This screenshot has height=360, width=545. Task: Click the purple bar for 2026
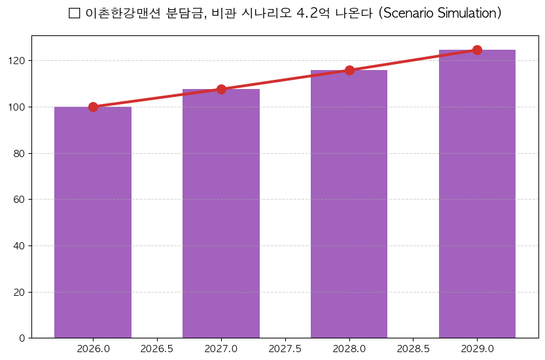pyautogui.click(x=93, y=223)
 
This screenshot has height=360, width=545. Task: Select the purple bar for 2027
pyautogui.click(x=221, y=213)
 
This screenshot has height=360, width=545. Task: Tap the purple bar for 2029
pyautogui.click(x=477, y=194)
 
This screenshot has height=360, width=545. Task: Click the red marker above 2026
pyautogui.click(x=93, y=107)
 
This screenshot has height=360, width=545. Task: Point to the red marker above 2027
pyautogui.click(x=221, y=89)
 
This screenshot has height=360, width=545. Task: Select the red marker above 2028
pyautogui.click(x=349, y=70)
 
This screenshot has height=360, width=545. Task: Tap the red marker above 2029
pyautogui.click(x=477, y=50)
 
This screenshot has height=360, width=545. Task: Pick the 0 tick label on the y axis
pyautogui.click(x=22, y=338)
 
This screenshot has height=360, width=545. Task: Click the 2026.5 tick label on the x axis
pyautogui.click(x=157, y=349)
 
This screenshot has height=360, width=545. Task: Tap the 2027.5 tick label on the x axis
pyautogui.click(x=285, y=349)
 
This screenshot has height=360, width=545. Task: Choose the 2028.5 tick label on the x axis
pyautogui.click(x=413, y=349)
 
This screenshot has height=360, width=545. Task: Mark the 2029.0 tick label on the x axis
pyautogui.click(x=477, y=349)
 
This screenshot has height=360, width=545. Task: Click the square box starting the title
pyautogui.click(x=74, y=14)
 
